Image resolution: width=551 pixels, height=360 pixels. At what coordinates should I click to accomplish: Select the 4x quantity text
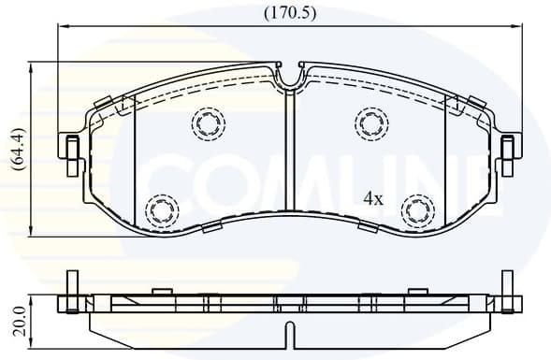373,198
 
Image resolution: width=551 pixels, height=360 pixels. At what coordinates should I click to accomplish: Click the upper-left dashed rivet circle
208,122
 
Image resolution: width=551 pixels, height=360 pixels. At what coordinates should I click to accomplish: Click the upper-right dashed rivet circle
371,122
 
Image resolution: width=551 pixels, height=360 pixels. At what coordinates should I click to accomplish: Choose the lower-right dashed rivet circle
415,209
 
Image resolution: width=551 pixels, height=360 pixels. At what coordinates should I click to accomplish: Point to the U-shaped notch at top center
291,79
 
